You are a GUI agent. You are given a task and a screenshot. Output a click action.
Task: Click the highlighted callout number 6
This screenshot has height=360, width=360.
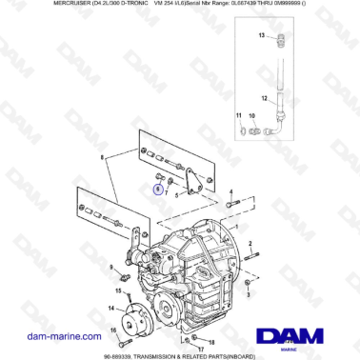[x=158, y=189]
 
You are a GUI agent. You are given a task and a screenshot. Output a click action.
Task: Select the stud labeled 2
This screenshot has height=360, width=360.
[x=249, y=256]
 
